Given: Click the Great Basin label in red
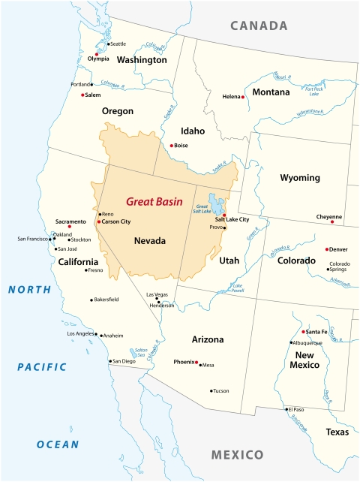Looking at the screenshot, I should coord(156,201).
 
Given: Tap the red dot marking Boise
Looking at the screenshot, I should coord(172,145).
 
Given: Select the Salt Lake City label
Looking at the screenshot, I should coord(232,219).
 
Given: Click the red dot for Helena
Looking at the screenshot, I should coord(243,97).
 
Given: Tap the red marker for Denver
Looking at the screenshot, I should coord(326,249).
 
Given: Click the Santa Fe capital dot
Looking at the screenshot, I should coord(303,331).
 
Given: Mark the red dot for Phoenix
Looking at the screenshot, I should coord(196,363).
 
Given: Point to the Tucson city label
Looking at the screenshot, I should coord(220,390).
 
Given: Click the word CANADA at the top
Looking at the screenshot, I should coord(259,26).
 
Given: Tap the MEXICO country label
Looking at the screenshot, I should coord(237,455).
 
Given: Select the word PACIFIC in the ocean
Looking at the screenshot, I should coord(42,367).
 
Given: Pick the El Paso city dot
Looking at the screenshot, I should coord(286,409).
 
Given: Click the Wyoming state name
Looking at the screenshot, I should coord(300,178).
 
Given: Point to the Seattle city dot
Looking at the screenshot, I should coord(108,44).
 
